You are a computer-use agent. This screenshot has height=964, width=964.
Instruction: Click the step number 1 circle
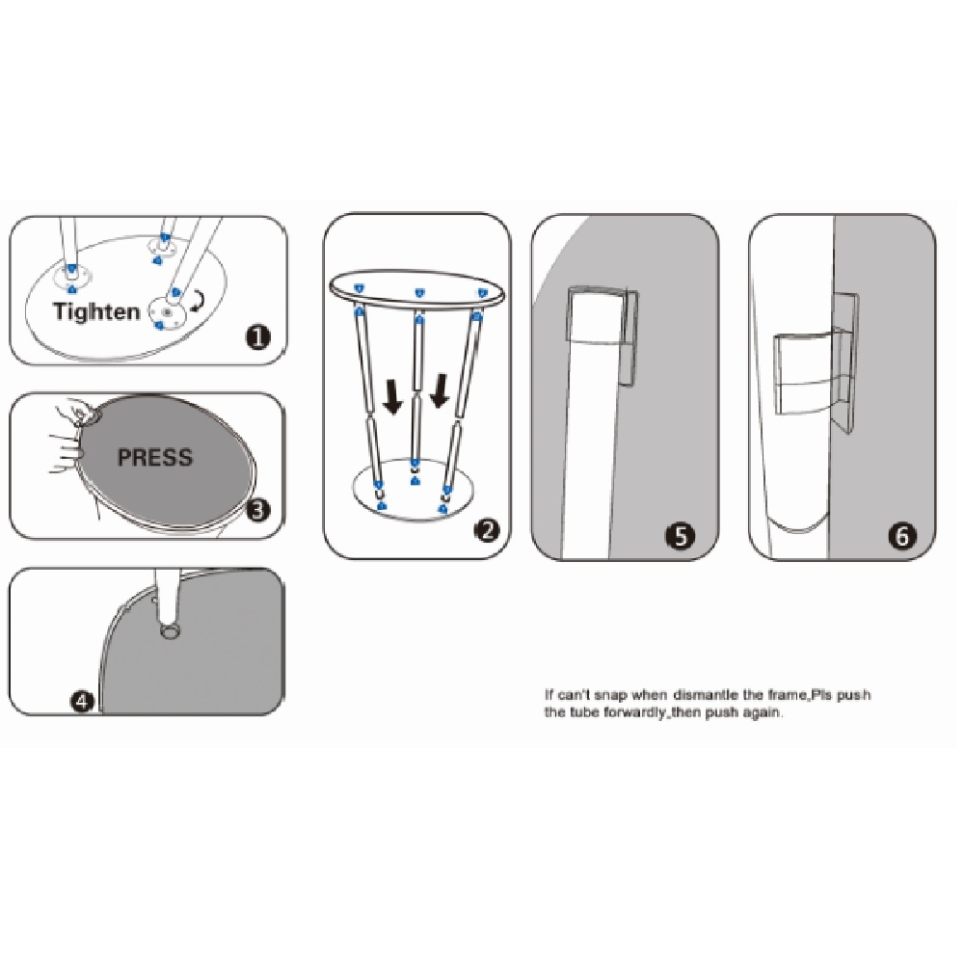pos(257,336)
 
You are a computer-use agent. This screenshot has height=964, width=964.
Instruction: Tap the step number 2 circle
pos(487,530)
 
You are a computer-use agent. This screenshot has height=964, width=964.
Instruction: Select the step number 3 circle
pos(258,509)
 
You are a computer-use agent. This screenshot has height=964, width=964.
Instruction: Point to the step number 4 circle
pos(82,701)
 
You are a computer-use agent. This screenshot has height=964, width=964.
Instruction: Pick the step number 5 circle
pos(681,535)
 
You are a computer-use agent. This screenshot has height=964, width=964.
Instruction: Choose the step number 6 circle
pos(902,535)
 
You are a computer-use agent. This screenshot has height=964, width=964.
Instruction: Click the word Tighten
pos(96,311)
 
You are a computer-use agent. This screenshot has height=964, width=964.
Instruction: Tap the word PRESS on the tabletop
pos(155,457)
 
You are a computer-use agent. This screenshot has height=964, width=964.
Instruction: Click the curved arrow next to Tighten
pos(198,301)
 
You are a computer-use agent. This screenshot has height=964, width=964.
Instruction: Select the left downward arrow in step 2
pos(392,395)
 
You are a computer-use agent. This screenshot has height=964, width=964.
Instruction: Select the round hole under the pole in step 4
pos(168,630)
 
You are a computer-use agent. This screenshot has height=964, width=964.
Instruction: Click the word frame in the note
pos(784,695)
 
